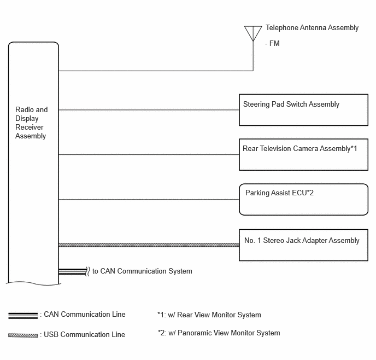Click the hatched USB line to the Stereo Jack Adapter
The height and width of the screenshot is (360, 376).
click(149, 245)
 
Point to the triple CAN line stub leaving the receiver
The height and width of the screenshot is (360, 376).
click(73, 271)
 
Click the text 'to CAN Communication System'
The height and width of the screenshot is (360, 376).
click(142, 271)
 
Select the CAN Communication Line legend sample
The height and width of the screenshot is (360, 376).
click(23, 316)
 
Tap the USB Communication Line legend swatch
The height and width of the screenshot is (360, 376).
click(23, 335)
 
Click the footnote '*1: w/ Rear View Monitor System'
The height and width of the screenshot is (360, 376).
click(209, 315)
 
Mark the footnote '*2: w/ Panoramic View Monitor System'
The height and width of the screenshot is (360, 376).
click(219, 333)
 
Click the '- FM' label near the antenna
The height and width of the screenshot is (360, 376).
click(272, 43)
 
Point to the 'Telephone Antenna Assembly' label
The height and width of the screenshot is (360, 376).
click(312, 28)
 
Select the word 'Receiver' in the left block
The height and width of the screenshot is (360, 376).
click(30, 127)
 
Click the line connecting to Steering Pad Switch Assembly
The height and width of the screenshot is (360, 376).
click(149, 110)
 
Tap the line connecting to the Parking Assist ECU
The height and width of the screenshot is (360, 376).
click(149, 200)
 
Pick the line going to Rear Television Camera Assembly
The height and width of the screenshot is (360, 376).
click(149, 155)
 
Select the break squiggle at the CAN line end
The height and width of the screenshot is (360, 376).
click(88, 271)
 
